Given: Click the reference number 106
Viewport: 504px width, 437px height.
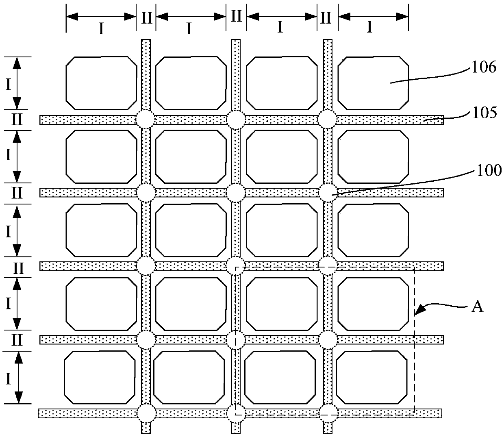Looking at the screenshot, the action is (x=484, y=67).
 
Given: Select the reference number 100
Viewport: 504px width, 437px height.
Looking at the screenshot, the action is (x=490, y=171).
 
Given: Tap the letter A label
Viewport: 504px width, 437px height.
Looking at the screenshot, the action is (x=478, y=307).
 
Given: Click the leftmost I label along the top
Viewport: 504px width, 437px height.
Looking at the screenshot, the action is (x=102, y=28).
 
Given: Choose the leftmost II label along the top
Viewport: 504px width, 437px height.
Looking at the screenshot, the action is (x=146, y=18).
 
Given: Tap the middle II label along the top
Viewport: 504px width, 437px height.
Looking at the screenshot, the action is (x=236, y=17).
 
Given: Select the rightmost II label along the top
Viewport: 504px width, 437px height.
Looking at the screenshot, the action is (x=326, y=18).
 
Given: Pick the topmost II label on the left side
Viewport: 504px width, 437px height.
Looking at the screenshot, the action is (x=17, y=120).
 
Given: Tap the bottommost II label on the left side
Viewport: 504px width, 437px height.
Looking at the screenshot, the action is (x=17, y=340).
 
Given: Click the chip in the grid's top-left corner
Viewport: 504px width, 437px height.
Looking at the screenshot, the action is (x=101, y=83).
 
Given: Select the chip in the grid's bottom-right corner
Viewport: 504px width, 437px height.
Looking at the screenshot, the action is (x=371, y=377).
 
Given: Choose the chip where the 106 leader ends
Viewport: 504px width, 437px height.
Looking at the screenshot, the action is (x=373, y=83).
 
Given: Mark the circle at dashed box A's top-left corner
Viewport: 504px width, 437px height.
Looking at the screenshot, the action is (x=236, y=266).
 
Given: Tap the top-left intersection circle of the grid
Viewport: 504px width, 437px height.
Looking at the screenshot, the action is (x=146, y=120).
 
